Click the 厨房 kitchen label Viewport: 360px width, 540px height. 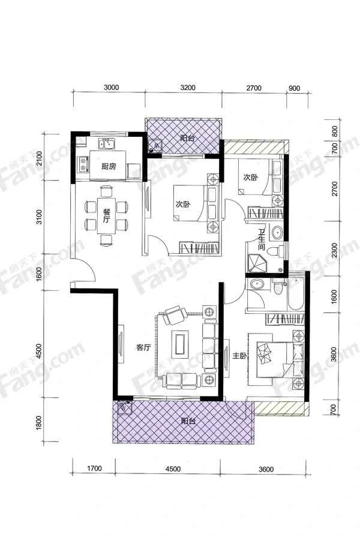[x=109, y=167]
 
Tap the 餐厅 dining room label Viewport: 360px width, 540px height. [x=106, y=215]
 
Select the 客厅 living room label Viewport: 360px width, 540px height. [x=143, y=347]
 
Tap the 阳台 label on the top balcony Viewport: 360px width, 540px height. [x=187, y=139]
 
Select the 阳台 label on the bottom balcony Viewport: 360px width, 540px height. [x=188, y=421]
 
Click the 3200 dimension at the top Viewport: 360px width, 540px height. [x=188, y=88]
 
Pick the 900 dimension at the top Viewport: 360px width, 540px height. [x=294, y=88]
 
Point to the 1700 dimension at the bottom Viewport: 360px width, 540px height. [x=94, y=469]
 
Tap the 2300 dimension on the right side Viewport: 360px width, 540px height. [x=334, y=250]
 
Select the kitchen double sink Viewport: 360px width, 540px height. [x=106, y=143]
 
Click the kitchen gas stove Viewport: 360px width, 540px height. [x=83, y=164]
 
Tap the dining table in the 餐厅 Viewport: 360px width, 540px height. [x=106, y=215]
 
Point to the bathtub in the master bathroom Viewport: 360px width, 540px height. [x=296, y=292]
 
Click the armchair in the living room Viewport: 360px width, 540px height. [x=175, y=315]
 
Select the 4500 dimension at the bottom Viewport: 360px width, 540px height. [x=173, y=469]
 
